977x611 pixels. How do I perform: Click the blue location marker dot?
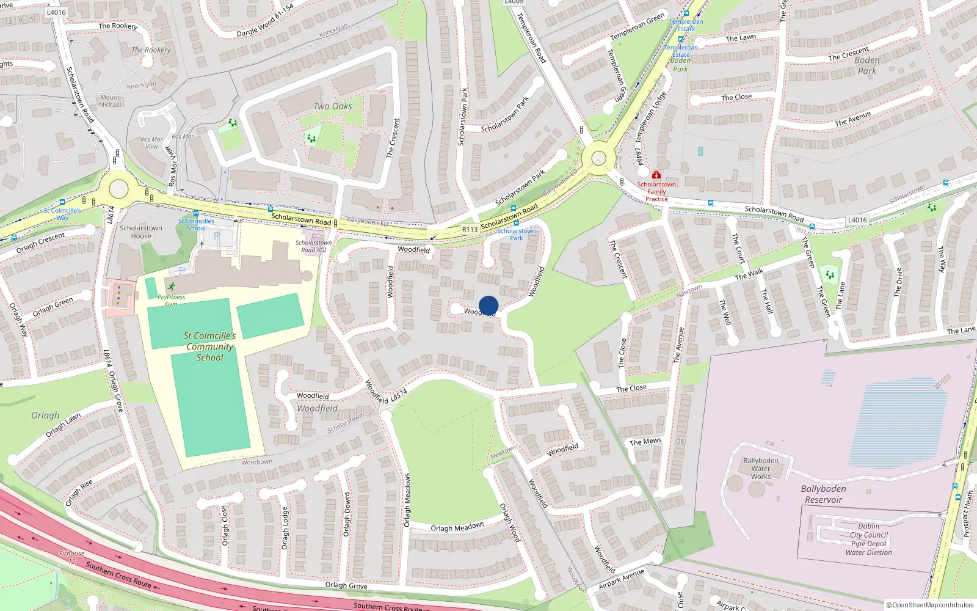(488, 305)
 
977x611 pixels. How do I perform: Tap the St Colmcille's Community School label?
(209, 346)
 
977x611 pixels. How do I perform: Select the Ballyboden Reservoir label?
(823, 494)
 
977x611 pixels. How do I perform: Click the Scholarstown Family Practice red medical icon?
(656, 175)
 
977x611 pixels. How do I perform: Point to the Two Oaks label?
(333, 106)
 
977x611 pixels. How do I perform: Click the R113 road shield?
(470, 229)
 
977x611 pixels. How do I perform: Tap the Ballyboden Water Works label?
(760, 469)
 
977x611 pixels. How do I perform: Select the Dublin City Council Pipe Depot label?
(868, 539)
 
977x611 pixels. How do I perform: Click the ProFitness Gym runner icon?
(172, 287)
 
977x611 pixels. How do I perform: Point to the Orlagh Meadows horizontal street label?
(457, 527)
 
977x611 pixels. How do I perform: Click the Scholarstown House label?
(141, 232)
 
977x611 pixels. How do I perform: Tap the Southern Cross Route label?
(118, 575)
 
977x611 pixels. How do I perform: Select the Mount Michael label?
(111, 101)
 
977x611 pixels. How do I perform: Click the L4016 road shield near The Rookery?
(56, 12)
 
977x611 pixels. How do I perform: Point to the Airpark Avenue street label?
(621, 578)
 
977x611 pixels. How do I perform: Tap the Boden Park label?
(866, 65)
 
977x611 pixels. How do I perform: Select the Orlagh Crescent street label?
(40, 243)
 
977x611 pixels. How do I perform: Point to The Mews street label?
(645, 442)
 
